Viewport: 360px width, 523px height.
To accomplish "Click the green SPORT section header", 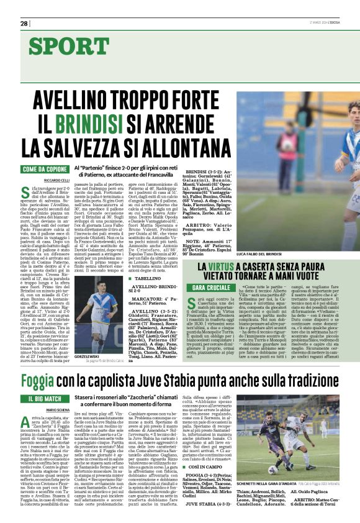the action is click(x=68, y=46).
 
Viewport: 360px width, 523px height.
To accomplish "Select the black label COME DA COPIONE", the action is click(x=45, y=170).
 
